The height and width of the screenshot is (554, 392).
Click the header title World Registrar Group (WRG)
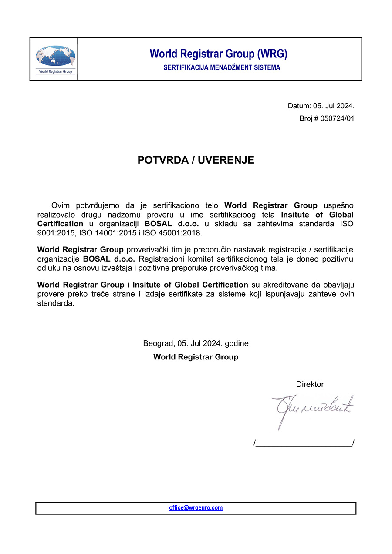tap(218, 54)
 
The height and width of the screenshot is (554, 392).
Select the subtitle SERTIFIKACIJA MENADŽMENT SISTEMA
tap(222, 68)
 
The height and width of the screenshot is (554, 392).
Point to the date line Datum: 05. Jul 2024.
tap(321, 106)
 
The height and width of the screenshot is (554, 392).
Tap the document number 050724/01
tap(337, 118)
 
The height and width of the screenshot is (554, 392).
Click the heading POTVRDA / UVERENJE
tap(196, 160)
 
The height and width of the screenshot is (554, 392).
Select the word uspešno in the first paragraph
tap(338, 205)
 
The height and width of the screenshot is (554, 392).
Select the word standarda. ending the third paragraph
tap(56, 303)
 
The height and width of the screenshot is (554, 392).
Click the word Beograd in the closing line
tap(159, 343)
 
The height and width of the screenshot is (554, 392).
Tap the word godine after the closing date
tap(237, 343)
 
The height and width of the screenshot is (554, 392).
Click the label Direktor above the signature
tap(310, 384)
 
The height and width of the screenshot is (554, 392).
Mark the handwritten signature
tap(312, 409)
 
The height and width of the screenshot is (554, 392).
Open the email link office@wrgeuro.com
tap(196, 508)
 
